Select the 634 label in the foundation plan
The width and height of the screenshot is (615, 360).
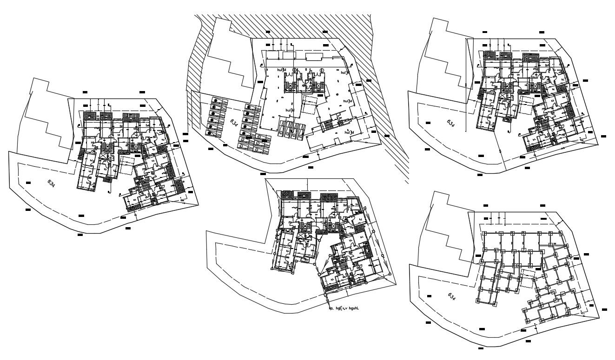click(451, 296)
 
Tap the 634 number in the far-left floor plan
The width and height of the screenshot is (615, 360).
click(51, 183)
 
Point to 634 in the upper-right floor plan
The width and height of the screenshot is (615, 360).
click(450, 123)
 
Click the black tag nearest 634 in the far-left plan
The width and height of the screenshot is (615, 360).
click(28, 183)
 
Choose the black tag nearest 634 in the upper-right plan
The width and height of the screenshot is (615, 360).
click(428, 123)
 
